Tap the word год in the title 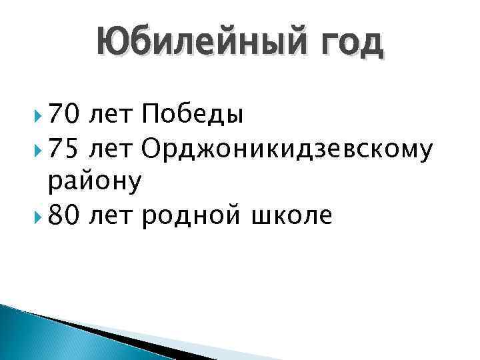[x=351, y=44]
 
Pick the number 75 [x=65, y=150]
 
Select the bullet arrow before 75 [x=34, y=151]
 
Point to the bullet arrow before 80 [x=34, y=216]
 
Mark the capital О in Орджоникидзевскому [x=152, y=150]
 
